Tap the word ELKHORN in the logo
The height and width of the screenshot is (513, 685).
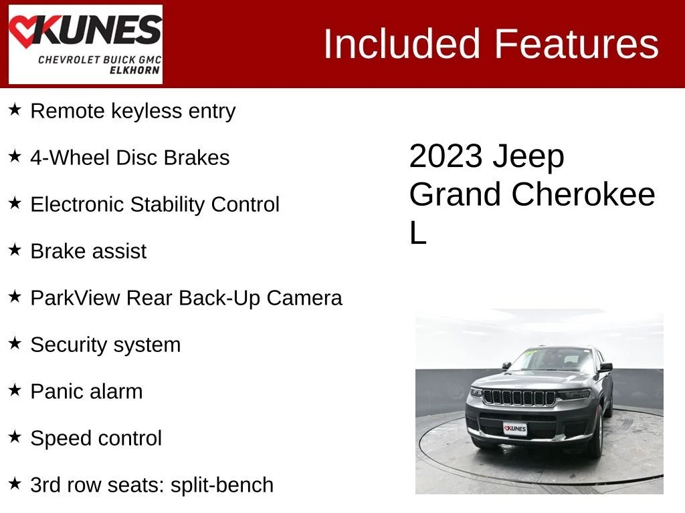134,70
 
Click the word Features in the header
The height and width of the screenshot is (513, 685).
576,43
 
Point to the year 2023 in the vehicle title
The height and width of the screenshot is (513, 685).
446,156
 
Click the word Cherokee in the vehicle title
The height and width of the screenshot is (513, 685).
583,194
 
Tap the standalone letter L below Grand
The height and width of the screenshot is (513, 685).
417,232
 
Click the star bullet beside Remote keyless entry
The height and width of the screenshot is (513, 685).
15,110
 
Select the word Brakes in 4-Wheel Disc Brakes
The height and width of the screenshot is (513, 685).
197,158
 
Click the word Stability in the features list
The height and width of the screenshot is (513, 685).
168,204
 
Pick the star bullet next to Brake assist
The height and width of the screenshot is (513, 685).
15,250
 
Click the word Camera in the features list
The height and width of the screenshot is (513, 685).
304,299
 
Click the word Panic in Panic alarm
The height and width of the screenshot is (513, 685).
54,391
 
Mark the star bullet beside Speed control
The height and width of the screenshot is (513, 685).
15,437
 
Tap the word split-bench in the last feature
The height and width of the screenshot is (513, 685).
222,486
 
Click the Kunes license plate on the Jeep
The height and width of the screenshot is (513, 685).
515,429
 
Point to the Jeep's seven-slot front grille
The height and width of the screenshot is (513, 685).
519,397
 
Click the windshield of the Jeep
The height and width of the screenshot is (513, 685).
553,360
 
